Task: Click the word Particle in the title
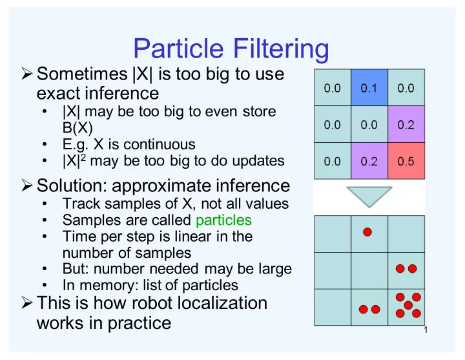[178, 48]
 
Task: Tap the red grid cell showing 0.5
[406, 161]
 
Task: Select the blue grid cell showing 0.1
[369, 87]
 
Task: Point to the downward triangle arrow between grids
[369, 196]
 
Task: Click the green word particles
[223, 220]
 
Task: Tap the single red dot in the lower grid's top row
[367, 232]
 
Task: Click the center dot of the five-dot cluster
[408, 305]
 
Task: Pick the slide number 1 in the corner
[426, 330]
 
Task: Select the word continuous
[160, 145]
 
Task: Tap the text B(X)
[77, 128]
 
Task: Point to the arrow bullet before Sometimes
[26, 74]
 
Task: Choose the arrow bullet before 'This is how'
[26, 302]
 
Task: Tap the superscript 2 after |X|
[83, 157]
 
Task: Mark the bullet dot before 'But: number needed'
[45, 269]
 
